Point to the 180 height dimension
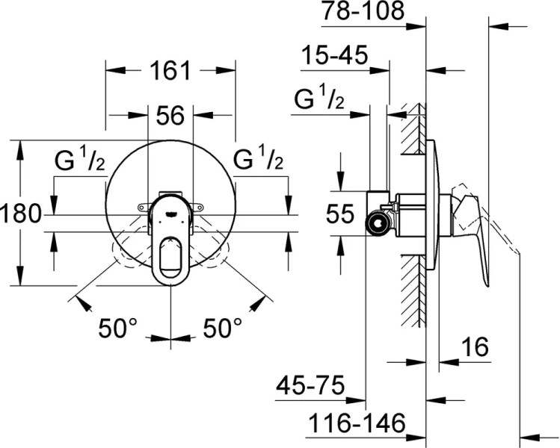point(20,214)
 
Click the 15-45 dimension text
point(335,56)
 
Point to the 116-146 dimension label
point(357,423)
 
